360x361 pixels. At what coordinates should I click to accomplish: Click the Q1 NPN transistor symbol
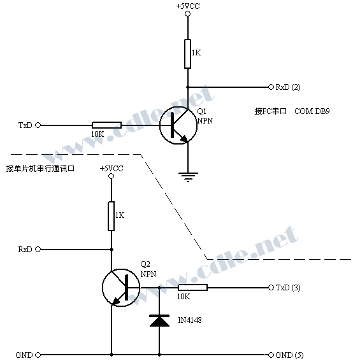(x=178, y=125)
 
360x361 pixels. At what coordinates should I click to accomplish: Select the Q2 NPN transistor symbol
(x=121, y=288)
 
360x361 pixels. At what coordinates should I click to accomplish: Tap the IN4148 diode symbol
(x=159, y=321)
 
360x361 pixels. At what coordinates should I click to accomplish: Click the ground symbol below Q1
(x=188, y=177)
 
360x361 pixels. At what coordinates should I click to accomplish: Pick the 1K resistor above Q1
(x=187, y=54)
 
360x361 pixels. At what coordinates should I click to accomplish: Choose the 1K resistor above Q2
(x=112, y=216)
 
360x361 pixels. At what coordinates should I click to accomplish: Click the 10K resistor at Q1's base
(x=106, y=125)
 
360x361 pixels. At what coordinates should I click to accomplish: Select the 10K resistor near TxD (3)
(x=192, y=288)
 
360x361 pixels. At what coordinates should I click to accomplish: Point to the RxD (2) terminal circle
(x=271, y=87)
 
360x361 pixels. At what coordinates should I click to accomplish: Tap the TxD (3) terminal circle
(x=271, y=288)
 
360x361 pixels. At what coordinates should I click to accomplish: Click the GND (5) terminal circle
(x=271, y=355)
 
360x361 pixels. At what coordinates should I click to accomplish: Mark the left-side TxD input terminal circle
(x=38, y=125)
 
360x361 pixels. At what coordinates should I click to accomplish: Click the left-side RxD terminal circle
(x=38, y=250)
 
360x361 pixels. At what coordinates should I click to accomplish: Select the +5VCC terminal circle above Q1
(x=188, y=13)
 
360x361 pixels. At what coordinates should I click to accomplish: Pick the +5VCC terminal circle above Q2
(x=112, y=176)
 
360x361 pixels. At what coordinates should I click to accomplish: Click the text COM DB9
(x=312, y=111)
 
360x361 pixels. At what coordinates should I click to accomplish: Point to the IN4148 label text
(x=190, y=320)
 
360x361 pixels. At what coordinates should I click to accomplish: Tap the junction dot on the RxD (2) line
(x=188, y=87)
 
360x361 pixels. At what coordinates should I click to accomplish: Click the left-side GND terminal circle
(x=38, y=355)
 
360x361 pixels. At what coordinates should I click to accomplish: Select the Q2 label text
(x=145, y=264)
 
